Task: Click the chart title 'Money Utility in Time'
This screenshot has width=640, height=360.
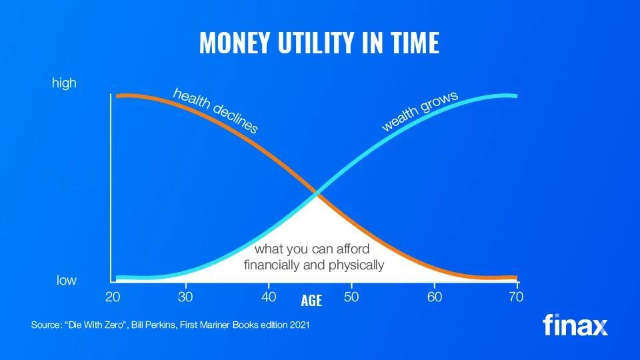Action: coord(319,43)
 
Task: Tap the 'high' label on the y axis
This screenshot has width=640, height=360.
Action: coord(64,83)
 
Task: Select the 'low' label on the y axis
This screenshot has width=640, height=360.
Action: coord(67,280)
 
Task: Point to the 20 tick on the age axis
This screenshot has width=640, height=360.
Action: coord(113,297)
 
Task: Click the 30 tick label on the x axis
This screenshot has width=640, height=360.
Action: coord(185,297)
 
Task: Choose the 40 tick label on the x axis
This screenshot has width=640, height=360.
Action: coord(269,297)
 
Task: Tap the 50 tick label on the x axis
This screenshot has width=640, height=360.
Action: coord(351,297)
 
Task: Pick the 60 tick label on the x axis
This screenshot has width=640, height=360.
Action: coord(435,297)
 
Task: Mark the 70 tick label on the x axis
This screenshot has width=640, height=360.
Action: coord(516,297)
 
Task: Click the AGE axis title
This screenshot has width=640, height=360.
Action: coord(311,301)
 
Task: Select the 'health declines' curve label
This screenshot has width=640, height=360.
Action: coord(215,111)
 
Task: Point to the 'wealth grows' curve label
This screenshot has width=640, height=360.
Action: coord(419,111)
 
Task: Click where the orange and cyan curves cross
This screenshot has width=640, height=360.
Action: coord(317,193)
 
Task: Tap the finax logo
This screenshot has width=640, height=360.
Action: coord(575,325)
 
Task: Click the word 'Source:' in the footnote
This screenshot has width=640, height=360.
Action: coord(46,325)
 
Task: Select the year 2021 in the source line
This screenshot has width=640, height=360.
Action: coord(299,325)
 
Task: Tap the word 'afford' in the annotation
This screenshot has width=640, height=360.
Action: coord(353,249)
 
